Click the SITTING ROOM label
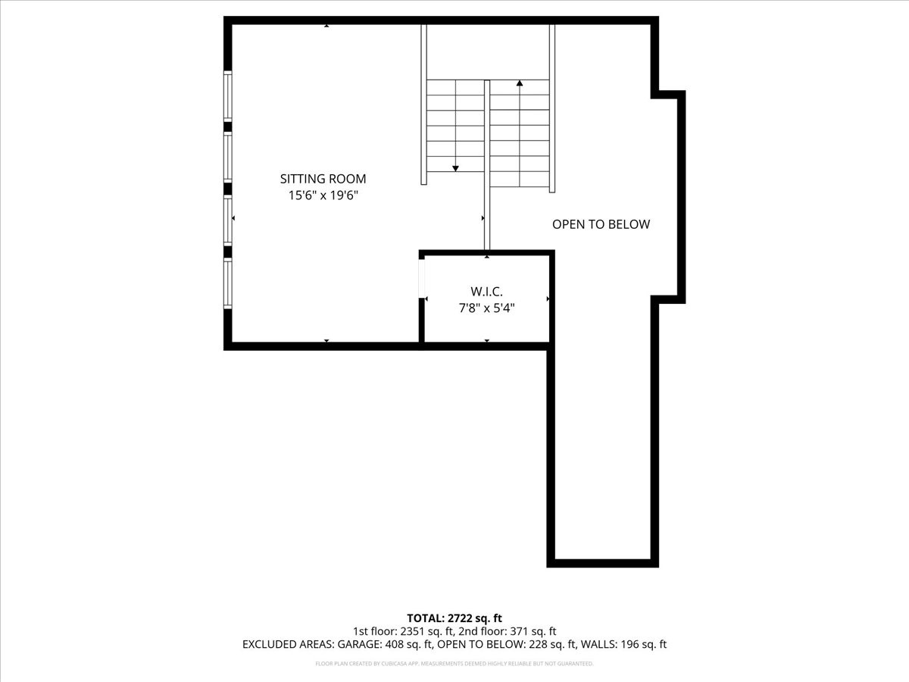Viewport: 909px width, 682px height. click(323, 180)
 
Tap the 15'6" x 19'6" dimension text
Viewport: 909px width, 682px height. click(323, 196)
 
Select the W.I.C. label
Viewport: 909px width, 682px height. click(486, 292)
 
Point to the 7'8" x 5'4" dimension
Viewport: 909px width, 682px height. click(486, 308)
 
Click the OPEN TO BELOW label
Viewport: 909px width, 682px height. click(601, 224)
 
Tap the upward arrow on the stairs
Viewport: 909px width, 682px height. click(520, 83)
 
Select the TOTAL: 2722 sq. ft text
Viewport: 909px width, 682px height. click(454, 618)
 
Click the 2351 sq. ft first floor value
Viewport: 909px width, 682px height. click(413, 631)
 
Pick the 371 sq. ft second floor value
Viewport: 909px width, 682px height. click(529, 631)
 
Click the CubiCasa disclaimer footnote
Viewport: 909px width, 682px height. click(454, 664)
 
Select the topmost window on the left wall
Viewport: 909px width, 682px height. click(227, 95)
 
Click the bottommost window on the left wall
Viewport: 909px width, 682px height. click(227, 284)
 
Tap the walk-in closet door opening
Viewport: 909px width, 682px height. click(422, 277)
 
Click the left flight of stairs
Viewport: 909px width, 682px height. click(455, 125)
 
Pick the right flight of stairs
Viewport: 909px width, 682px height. click(520, 133)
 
